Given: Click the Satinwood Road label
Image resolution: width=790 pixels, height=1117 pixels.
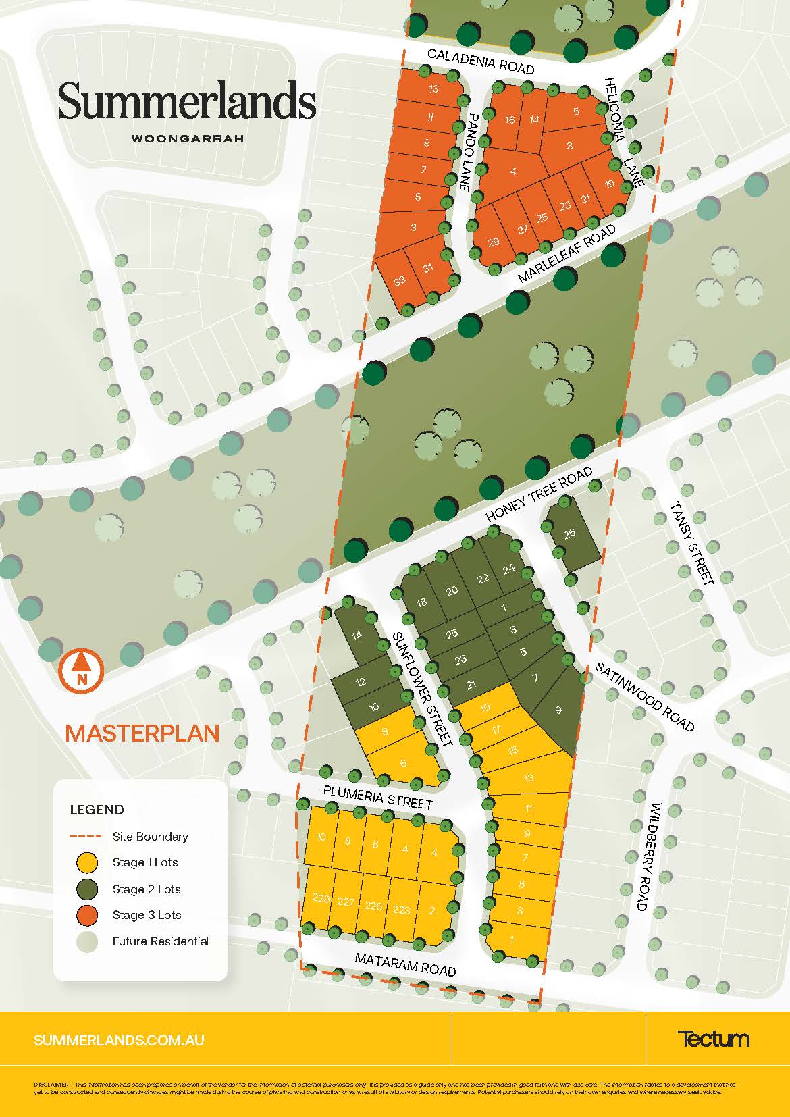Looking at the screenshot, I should [644, 696].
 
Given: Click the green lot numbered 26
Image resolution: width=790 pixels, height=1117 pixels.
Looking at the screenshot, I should [570, 534].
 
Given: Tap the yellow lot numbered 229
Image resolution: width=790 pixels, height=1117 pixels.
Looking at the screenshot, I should [321, 899].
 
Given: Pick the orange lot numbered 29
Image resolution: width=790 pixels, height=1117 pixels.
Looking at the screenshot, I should [493, 242].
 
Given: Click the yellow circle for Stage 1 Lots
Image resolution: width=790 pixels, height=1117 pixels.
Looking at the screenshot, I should [87, 862].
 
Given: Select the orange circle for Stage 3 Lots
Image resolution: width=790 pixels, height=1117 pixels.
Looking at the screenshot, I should [87, 915].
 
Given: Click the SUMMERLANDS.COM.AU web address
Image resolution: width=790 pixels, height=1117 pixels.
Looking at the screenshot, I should [119, 1040].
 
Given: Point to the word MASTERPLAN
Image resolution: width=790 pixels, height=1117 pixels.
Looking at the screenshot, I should [142, 733].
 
